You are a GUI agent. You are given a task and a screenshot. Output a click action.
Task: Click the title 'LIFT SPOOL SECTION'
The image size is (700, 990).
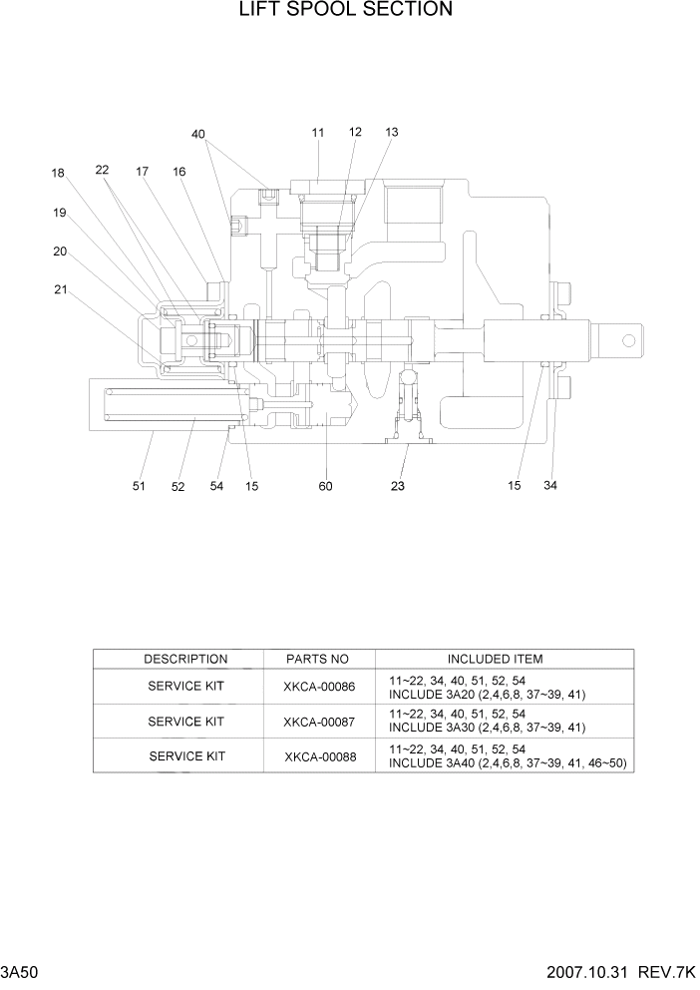pyautogui.click(x=345, y=11)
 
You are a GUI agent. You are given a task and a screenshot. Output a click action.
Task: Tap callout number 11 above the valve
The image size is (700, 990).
pyautogui.click(x=318, y=133)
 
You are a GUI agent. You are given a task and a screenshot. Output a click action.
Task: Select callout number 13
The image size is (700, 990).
pyautogui.click(x=391, y=133)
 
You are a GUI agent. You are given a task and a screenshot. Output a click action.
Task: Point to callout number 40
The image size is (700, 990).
pyautogui.click(x=198, y=135)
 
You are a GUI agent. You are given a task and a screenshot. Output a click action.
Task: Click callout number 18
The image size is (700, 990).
pyautogui.click(x=59, y=173)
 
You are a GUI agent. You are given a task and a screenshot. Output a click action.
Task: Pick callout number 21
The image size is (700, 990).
pyautogui.click(x=61, y=290)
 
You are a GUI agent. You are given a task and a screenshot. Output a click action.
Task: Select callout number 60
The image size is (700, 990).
pyautogui.click(x=325, y=486)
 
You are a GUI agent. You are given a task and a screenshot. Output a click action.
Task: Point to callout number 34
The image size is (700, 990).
pyautogui.click(x=550, y=486)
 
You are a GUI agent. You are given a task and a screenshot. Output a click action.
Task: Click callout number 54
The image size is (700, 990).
pyautogui.click(x=216, y=486)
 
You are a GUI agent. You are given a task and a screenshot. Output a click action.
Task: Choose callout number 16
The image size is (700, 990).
pyautogui.click(x=178, y=172)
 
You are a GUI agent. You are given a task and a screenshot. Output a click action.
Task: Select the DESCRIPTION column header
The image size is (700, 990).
pyautogui.click(x=185, y=660)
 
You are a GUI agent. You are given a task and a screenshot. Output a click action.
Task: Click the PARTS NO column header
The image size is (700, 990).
pyautogui.click(x=318, y=660)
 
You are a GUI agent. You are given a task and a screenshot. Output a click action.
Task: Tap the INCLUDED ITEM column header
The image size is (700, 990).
pyautogui.click(x=495, y=660)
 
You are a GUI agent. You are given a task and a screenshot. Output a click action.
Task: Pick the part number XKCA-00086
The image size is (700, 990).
pyautogui.click(x=318, y=687)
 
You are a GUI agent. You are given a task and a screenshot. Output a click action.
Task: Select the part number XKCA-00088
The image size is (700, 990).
pyautogui.click(x=318, y=756)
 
